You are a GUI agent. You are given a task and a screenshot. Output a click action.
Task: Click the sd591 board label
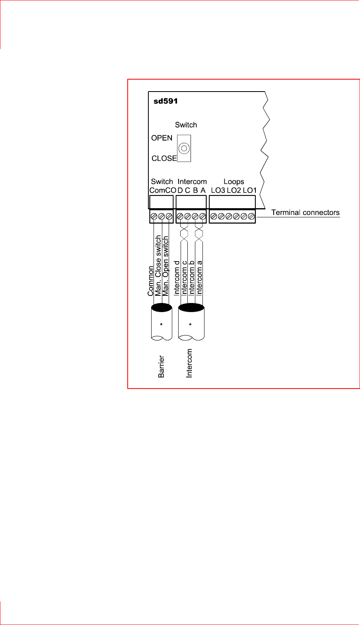tap(165, 101)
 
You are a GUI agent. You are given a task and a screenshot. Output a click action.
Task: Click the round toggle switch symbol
tap(184, 148)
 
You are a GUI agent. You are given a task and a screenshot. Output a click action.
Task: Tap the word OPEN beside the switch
tap(162, 138)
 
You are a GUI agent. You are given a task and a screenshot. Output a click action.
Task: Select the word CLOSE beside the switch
tap(164, 158)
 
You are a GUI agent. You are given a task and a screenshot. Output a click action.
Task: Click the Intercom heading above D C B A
tap(192, 182)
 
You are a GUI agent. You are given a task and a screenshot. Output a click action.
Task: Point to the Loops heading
tap(234, 182)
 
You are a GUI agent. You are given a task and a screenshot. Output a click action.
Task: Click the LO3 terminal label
tap(218, 190)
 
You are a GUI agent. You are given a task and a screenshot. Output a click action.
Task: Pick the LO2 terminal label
tap(234, 190)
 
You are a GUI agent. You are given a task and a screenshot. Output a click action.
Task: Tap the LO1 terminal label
tap(250, 190)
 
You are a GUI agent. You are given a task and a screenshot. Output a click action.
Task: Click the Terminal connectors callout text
tap(305, 213)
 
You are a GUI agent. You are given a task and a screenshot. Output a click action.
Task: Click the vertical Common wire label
tap(151, 281)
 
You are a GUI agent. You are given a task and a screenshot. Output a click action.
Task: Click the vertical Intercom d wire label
tap(177, 278)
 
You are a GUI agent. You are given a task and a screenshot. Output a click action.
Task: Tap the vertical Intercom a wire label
tap(200, 278)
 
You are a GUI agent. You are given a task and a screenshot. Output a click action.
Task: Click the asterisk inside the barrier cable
tap(161, 325)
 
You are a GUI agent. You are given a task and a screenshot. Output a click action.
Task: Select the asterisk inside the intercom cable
tap(190, 325)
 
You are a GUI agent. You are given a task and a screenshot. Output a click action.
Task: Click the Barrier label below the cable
tap(161, 366)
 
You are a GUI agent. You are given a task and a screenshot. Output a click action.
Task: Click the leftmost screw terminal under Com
tap(154, 217)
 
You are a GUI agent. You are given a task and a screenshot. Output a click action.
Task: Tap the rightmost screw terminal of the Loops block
tap(251, 217)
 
